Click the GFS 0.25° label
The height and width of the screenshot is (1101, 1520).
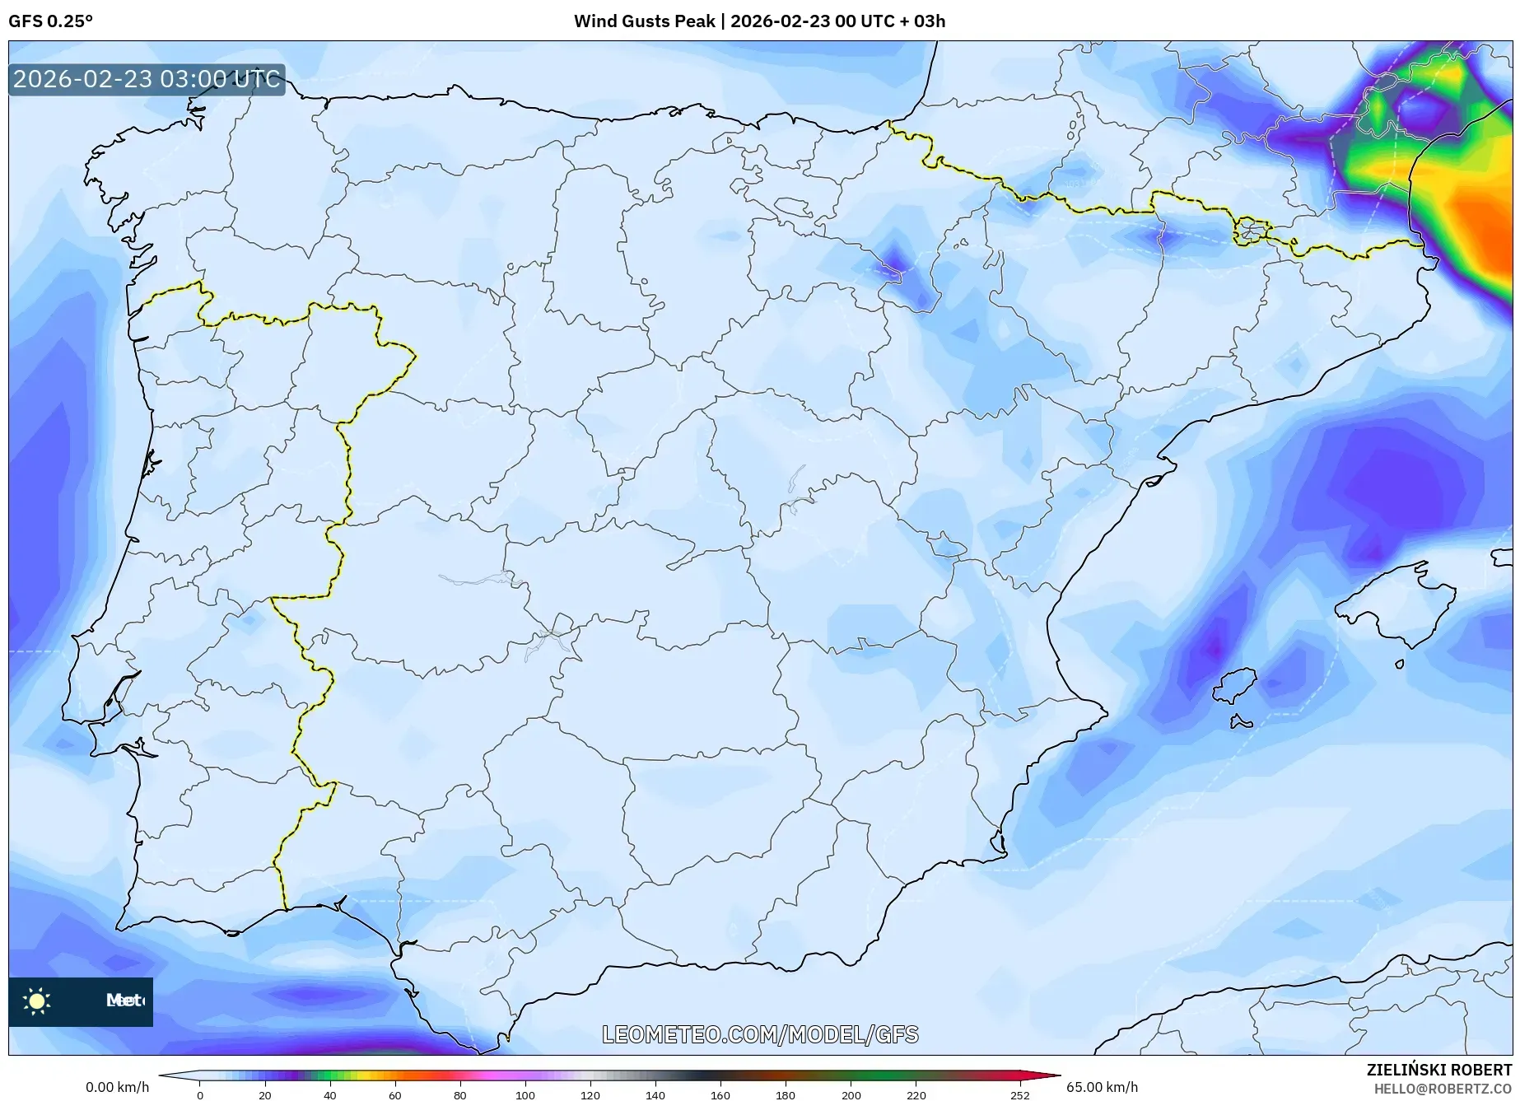click(50, 21)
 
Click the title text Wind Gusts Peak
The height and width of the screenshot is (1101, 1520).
click(644, 21)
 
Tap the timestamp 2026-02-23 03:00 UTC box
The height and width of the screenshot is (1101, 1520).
click(147, 80)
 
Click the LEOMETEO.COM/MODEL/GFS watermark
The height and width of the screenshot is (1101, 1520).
click(760, 1034)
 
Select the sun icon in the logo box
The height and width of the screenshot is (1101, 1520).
click(37, 1001)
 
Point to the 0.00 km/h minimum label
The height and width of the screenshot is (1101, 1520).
click(117, 1087)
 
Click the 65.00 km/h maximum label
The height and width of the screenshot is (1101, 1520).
click(1102, 1087)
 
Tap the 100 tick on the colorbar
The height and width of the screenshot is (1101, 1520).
click(525, 1095)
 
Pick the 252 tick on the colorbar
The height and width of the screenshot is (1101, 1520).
click(1020, 1095)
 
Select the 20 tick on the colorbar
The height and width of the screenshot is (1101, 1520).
click(264, 1095)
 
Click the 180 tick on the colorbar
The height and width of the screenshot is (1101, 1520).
click(786, 1095)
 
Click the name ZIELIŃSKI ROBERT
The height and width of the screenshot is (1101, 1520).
click(1439, 1071)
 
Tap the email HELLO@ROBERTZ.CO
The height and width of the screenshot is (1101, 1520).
click(1443, 1089)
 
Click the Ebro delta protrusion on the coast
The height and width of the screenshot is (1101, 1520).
click(1163, 471)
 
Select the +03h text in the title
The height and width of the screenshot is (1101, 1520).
click(929, 21)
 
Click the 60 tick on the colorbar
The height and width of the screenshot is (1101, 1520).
click(394, 1095)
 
